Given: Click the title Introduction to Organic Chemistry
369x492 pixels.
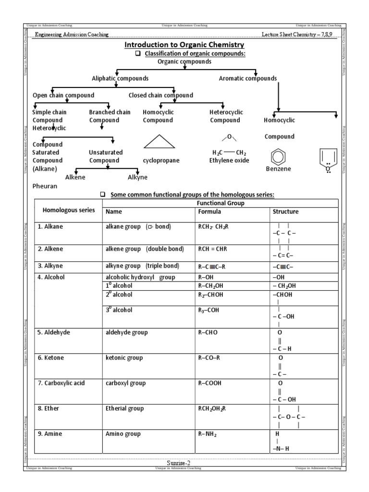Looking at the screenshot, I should (x=184, y=45).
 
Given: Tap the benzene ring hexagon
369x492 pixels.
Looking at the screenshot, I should (x=278, y=158).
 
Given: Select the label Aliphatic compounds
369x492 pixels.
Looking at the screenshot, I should (x=120, y=78).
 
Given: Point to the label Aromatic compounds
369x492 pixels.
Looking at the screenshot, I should (x=247, y=78).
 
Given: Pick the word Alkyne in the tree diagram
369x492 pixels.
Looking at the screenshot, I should (x=137, y=177).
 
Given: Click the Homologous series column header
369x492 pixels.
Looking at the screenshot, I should (x=69, y=210).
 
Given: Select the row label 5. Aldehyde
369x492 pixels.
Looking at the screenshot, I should (x=56, y=332).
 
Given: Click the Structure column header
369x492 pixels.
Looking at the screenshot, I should (x=285, y=211).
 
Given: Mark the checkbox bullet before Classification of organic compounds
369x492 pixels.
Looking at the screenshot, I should (x=138, y=54).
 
